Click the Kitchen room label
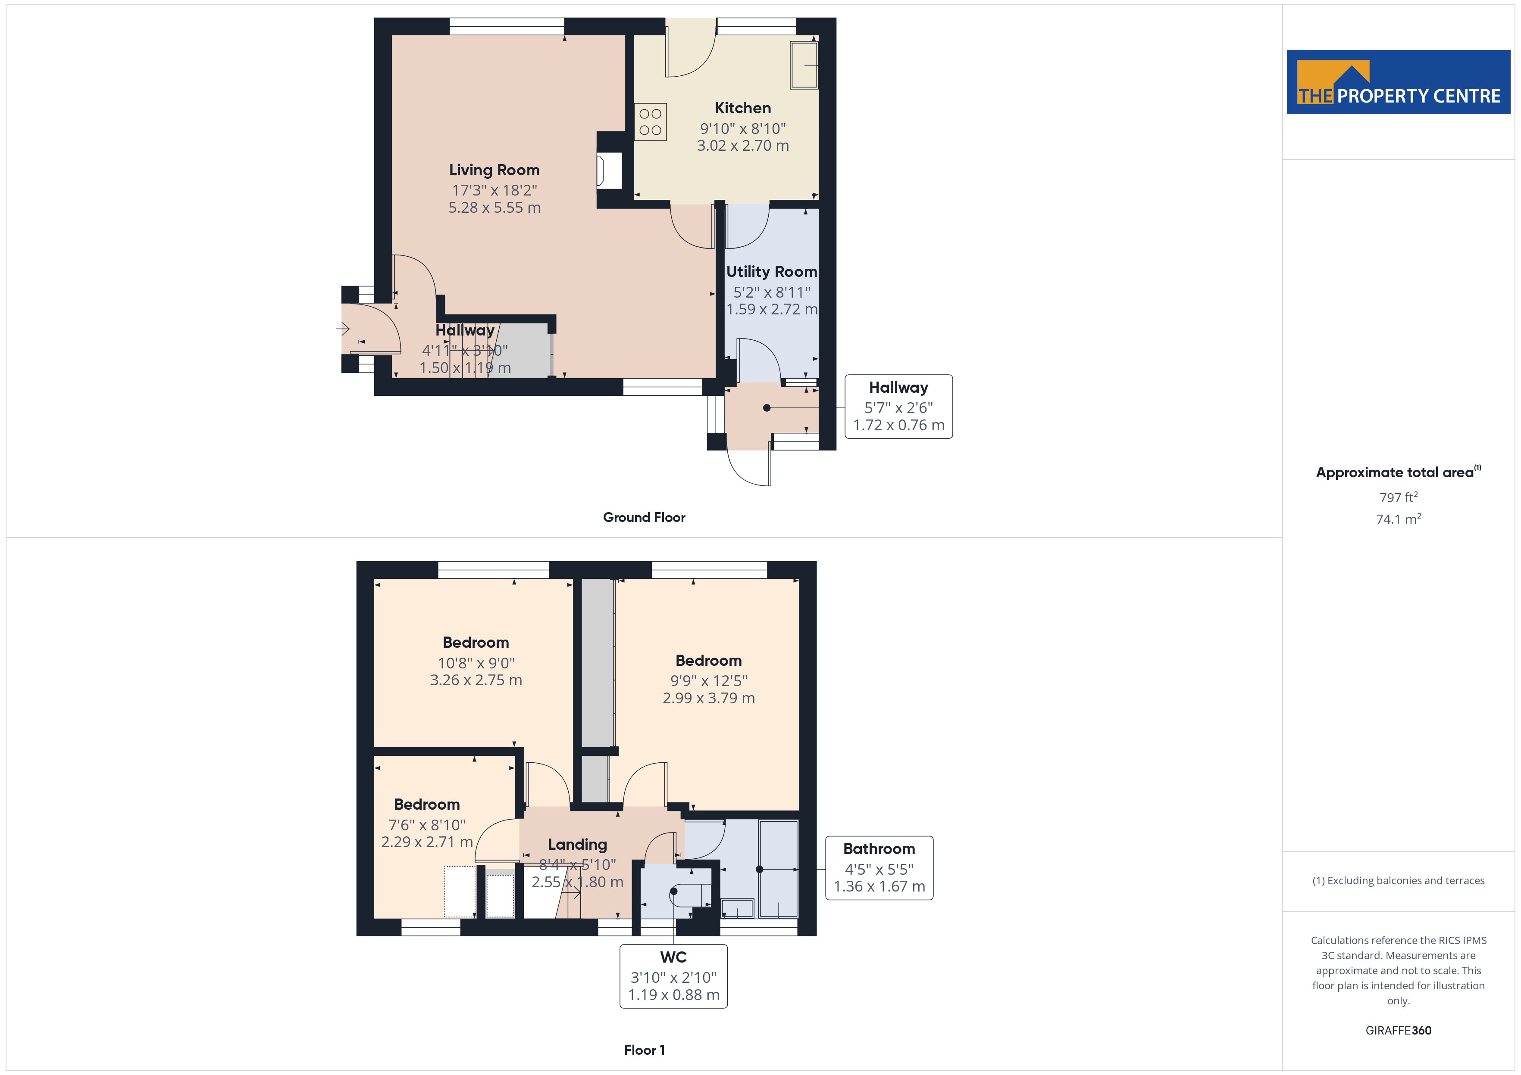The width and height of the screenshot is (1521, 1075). click(743, 108)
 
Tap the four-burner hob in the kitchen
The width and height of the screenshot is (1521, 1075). click(651, 122)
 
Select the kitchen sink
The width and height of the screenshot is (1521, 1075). click(804, 65)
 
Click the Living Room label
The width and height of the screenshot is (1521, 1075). click(494, 170)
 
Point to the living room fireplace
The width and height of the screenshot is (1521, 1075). click(610, 171)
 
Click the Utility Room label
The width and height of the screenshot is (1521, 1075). click(772, 271)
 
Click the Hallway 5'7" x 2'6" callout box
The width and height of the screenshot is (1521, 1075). click(898, 407)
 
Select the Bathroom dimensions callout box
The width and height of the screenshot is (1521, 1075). click(879, 868)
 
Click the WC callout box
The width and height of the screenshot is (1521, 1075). click(673, 976)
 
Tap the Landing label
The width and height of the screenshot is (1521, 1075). click(577, 845)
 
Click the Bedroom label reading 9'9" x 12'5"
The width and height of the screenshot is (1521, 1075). click(708, 661)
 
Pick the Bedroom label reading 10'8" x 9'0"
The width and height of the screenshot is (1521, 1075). click(476, 643)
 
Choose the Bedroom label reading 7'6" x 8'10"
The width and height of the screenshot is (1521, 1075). click(427, 804)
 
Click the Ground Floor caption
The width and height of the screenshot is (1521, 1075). click(644, 518)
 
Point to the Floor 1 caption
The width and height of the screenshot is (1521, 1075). click(644, 1050)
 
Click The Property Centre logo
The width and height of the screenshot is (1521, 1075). click(1398, 82)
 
